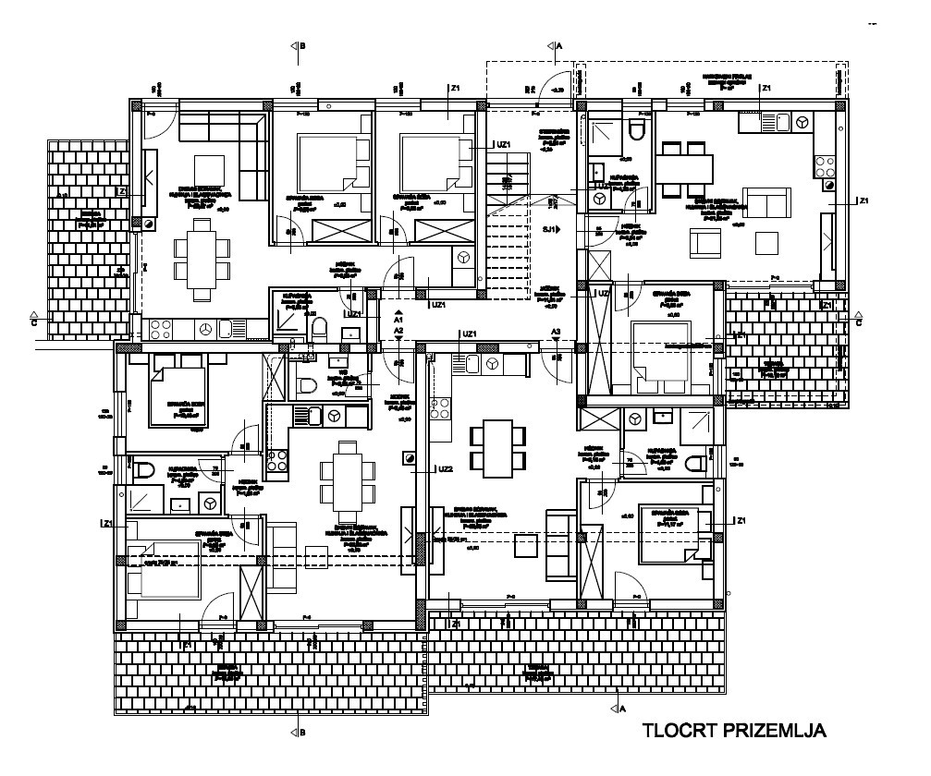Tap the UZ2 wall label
446,469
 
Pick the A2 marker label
398,330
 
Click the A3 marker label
556,330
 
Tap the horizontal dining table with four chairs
685,168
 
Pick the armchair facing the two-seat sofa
704,243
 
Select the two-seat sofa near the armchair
767,200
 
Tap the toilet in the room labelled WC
308,386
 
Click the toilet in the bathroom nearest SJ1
636,133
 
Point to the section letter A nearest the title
620,708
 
